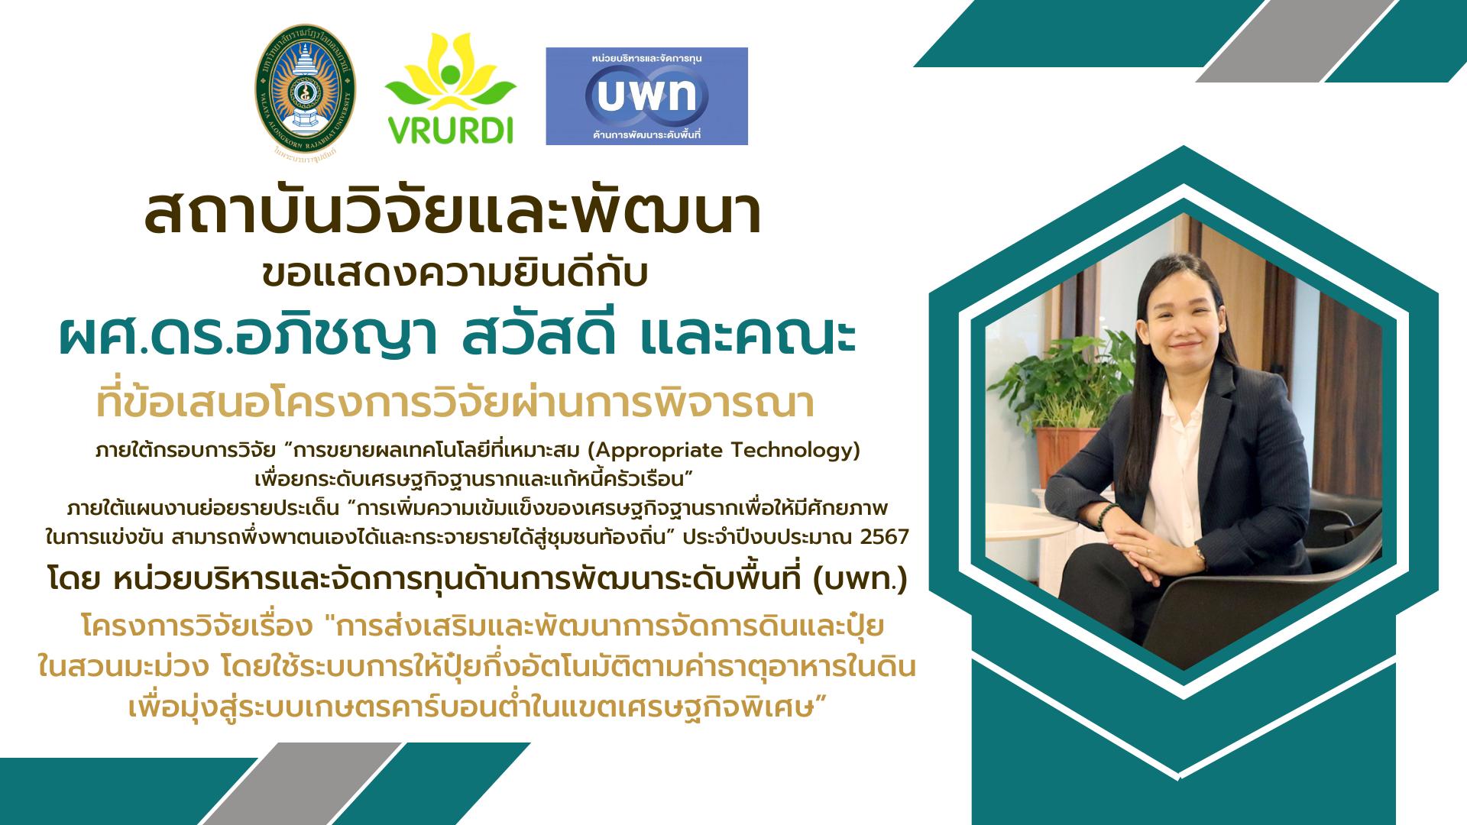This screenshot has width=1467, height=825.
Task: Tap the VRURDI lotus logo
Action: pos(450,89)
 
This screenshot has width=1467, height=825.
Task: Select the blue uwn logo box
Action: pos(646,96)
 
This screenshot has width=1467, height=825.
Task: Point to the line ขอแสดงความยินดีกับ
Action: pos(455,274)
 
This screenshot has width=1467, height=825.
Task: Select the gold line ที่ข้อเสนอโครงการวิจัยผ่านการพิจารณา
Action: pos(455,404)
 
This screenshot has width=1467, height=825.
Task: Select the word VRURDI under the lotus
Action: pos(451,130)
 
